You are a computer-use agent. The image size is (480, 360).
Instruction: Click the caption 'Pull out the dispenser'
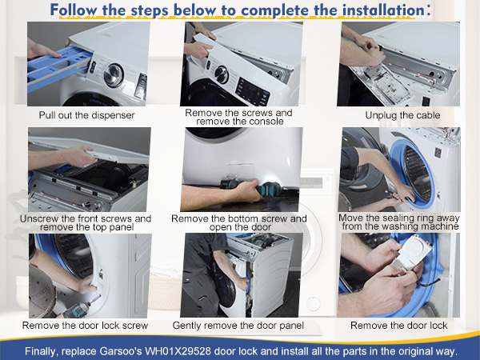tap(86, 115)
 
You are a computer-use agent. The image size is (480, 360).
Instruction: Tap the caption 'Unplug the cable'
tap(402, 115)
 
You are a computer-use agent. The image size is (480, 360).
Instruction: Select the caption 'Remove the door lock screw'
tap(85, 325)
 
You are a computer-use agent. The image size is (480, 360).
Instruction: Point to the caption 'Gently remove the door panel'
tap(238, 326)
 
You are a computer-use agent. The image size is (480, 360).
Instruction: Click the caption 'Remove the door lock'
tap(399, 325)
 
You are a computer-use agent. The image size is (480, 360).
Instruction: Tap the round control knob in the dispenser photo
tap(114, 75)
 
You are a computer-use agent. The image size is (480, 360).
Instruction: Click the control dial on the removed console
tap(222, 74)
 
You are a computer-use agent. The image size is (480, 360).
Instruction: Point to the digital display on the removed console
tap(253, 91)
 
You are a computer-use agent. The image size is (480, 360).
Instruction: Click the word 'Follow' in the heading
tap(74, 10)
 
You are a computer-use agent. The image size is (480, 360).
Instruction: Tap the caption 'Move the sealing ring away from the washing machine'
tap(399, 222)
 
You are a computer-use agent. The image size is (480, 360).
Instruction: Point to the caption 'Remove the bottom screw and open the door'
tap(239, 223)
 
